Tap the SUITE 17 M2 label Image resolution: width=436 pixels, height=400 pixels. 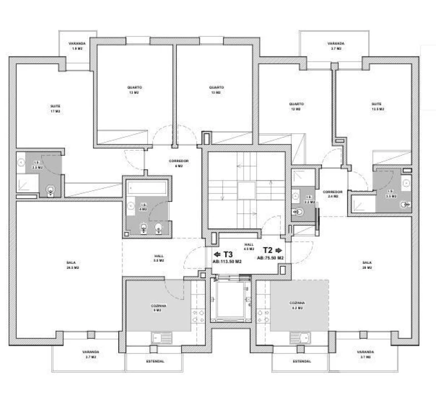click(54, 108)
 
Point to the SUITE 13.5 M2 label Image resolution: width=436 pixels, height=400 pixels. click(377, 106)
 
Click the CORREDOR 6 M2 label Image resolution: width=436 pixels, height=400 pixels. click(179, 163)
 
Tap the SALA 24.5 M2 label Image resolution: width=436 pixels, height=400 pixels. click(71, 265)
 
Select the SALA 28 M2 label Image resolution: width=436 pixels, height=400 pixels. click(366, 265)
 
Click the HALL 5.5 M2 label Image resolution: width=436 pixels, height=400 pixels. click(158, 258)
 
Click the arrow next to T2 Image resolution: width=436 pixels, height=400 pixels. click(279, 251)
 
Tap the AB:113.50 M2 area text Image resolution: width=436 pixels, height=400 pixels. click(227, 261)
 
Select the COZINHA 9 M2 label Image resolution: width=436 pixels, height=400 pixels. click(158, 308)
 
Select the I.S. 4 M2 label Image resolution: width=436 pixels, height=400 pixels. click(143, 206)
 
